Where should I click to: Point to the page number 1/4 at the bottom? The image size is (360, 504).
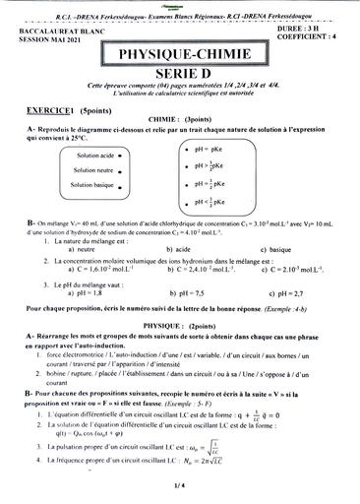click(180, 485)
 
